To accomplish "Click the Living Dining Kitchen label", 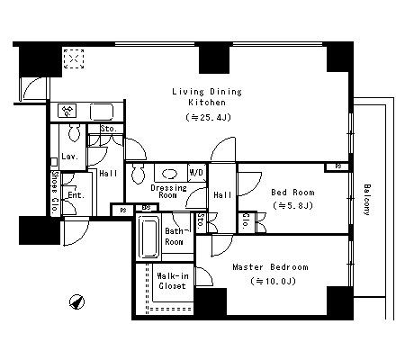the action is pos(207,96).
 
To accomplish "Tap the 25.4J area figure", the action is pos(209,117).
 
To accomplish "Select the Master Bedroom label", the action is pos(270,267).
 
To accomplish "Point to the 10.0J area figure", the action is pos(273,281).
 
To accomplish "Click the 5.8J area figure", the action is pos(293,205).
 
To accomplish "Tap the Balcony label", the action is pos(367,200).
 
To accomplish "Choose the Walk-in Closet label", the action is pos(172,281).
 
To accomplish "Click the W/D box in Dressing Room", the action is pos(197,173).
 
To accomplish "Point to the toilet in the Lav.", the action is pos(74,133).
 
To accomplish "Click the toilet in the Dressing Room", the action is pos(138,174).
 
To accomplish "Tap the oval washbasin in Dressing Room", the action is pos(170,174).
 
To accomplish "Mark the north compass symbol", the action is pos(76,301).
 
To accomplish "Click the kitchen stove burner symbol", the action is pos(68,111).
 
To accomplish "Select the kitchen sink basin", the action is pos(102,112).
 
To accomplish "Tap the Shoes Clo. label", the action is pos(55,193).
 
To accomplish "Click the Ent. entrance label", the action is pos(76,195).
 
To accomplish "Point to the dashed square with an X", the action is pos(74,58).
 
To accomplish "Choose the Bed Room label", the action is pos(293,192).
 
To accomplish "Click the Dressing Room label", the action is pos(168,192).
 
